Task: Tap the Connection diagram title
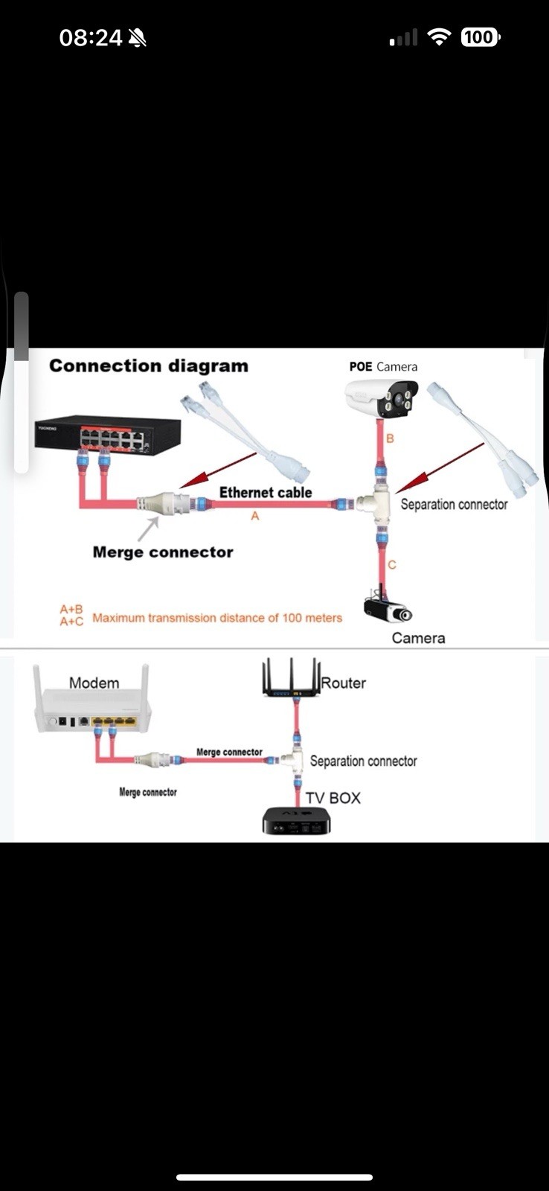coord(149,365)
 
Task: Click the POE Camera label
coord(383,366)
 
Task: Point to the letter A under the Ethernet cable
coord(255,516)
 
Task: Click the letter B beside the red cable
coord(391,438)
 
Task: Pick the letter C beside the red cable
coord(392,565)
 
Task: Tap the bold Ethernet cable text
coord(266,492)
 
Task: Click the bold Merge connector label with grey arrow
coord(163,552)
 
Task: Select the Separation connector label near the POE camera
coord(454,504)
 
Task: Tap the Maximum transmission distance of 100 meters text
coord(217,618)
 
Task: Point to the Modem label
coord(94,683)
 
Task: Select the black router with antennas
coord(292,679)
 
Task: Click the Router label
coord(344,683)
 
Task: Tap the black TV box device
coord(296,820)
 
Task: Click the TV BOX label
coord(333,798)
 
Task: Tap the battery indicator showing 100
coord(480,37)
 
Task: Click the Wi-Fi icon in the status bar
coord(440,37)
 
